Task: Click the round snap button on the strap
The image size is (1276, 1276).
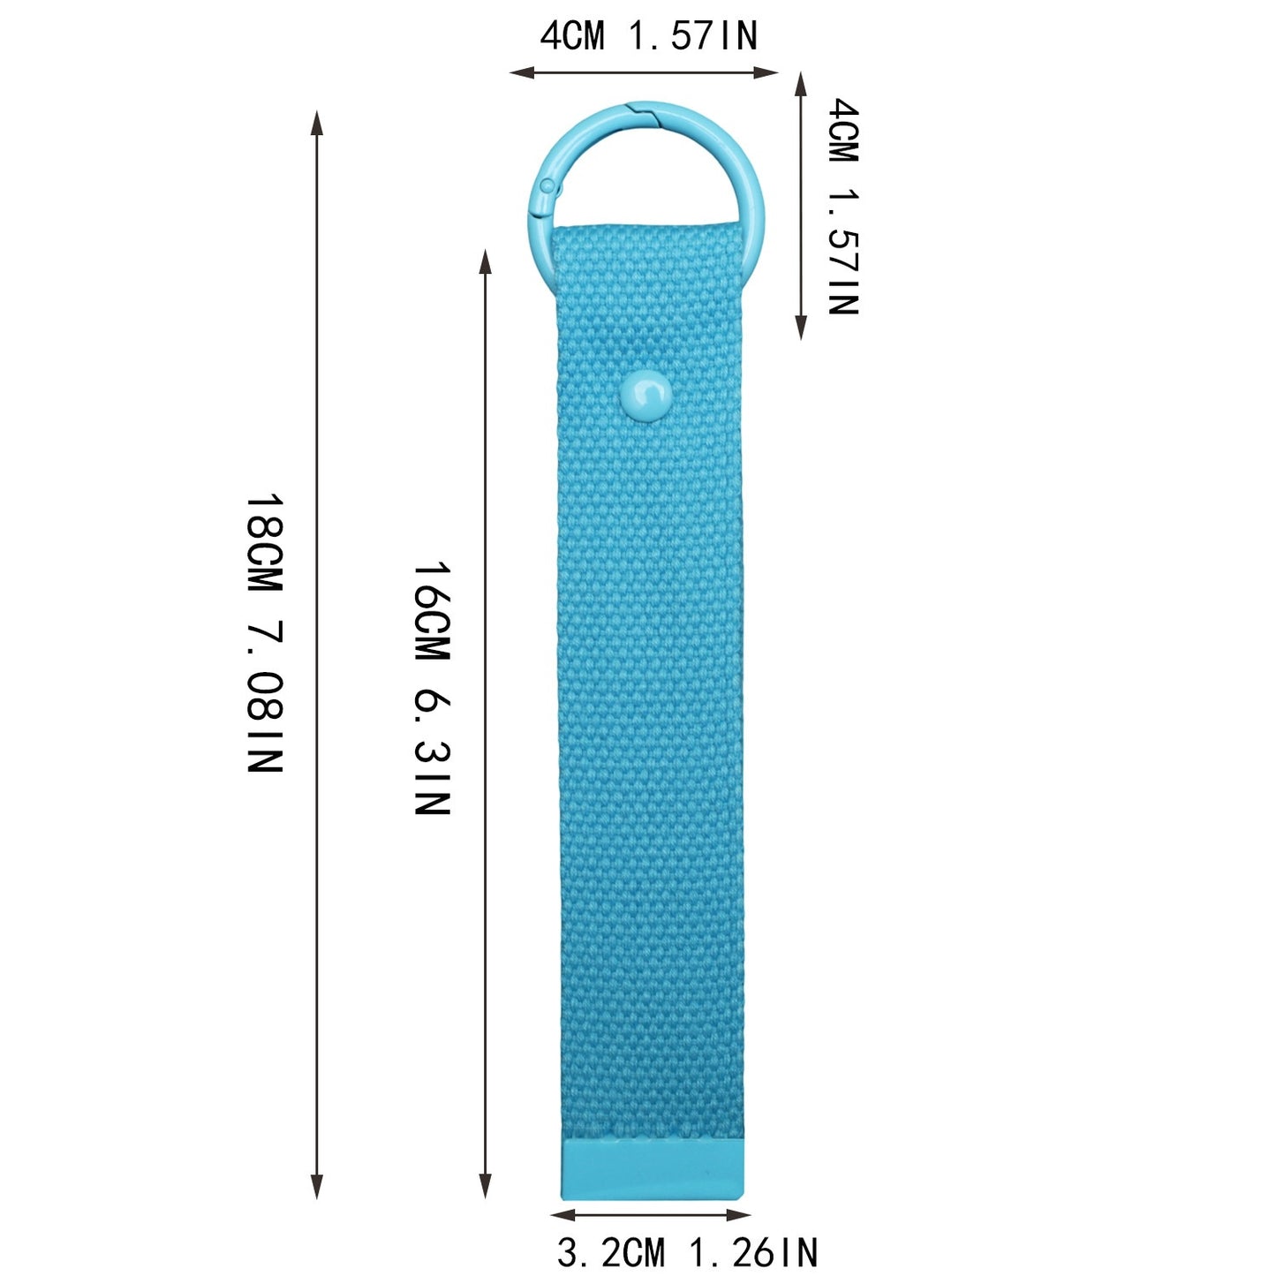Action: [x=646, y=396]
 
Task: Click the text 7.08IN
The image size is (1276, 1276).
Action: [x=265, y=696]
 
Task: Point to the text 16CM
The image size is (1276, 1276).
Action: [x=433, y=612]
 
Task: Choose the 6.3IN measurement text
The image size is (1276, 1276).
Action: [x=433, y=751]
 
